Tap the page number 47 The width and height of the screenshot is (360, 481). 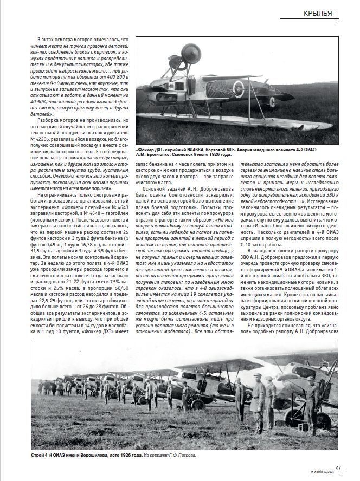coord(338,469)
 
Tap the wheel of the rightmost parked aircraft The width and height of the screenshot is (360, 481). coord(322,420)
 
